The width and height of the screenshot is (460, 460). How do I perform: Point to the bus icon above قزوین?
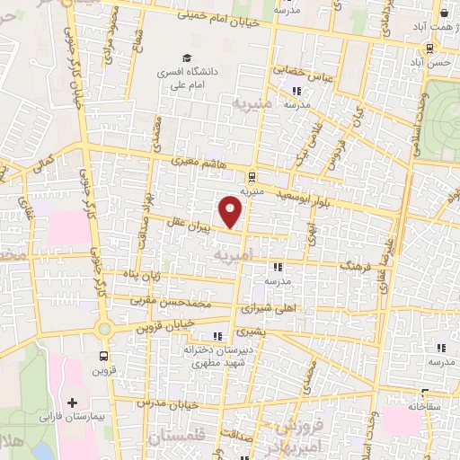(103, 355)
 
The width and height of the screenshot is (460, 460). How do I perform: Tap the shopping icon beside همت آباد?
(445, 13)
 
